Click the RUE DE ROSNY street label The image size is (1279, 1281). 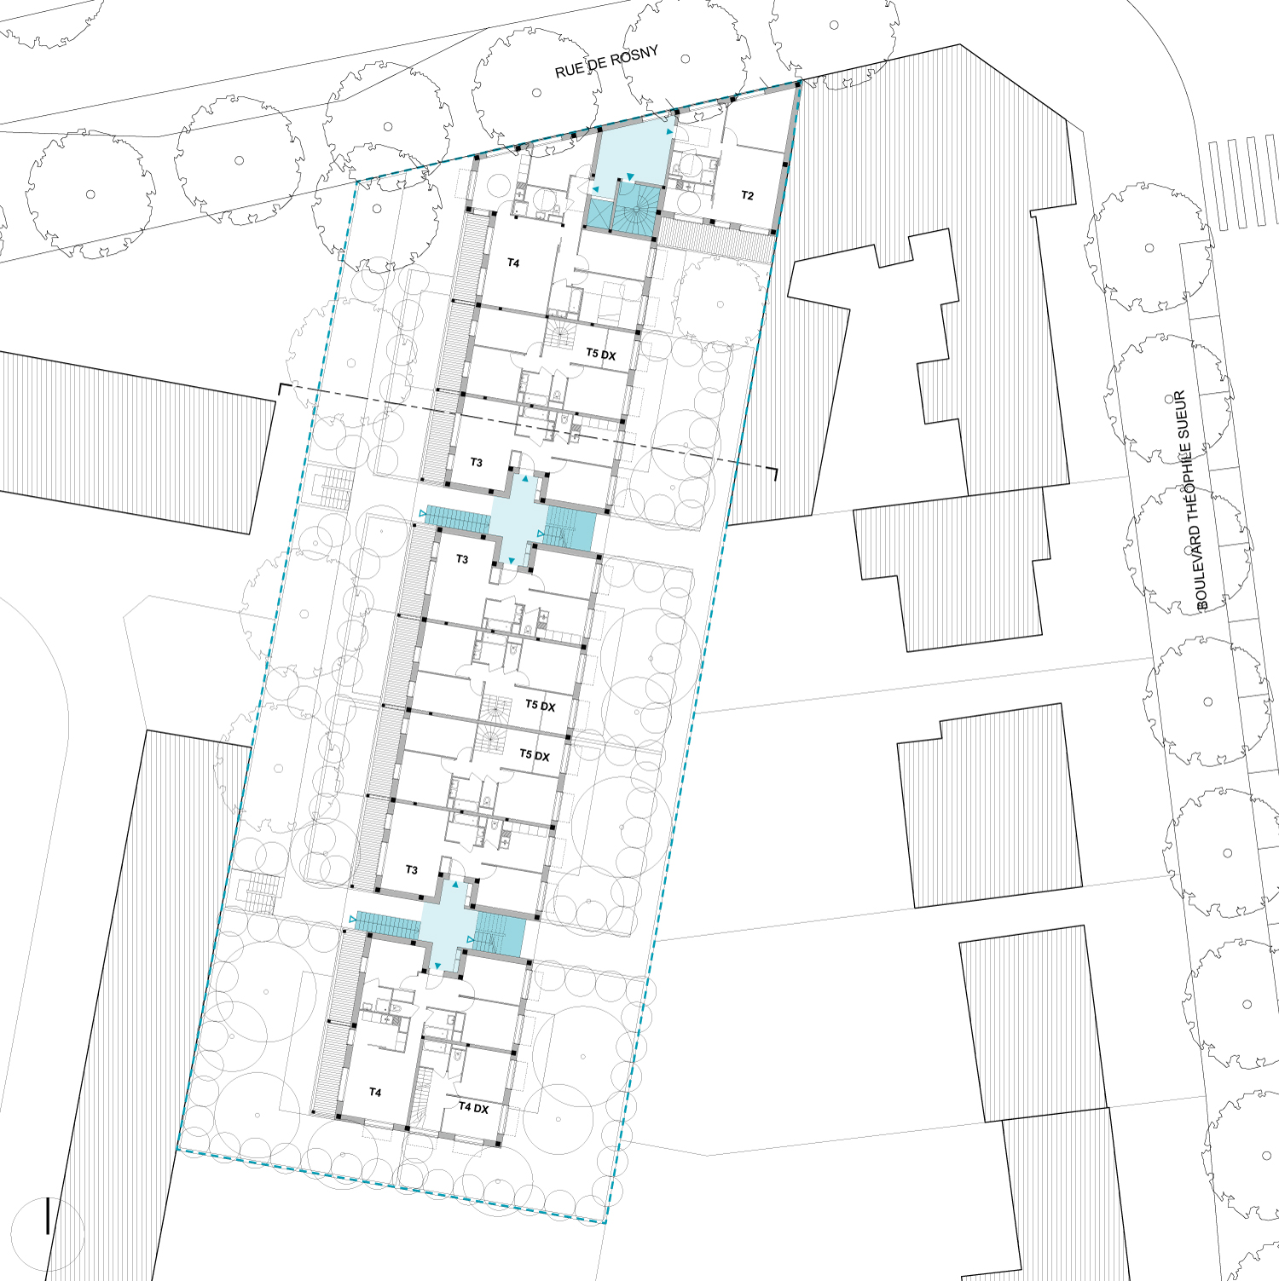[x=607, y=62]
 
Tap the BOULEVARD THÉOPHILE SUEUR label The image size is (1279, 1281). [x=1191, y=500]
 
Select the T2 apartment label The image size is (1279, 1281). [x=748, y=196]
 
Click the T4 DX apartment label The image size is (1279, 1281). [x=474, y=1108]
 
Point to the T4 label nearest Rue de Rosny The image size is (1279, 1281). [x=513, y=263]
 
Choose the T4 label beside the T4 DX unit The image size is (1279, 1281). [x=375, y=1093]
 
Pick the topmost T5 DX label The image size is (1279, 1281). [x=601, y=354]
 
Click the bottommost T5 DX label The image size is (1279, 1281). [x=535, y=755]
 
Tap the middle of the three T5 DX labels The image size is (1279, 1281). [x=541, y=706]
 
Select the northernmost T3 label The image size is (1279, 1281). [x=477, y=463]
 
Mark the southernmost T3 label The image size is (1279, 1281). [x=412, y=870]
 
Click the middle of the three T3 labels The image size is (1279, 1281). [x=462, y=560]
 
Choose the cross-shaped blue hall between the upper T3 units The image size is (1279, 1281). [x=518, y=520]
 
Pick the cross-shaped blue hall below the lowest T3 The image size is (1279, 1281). [x=448, y=925]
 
